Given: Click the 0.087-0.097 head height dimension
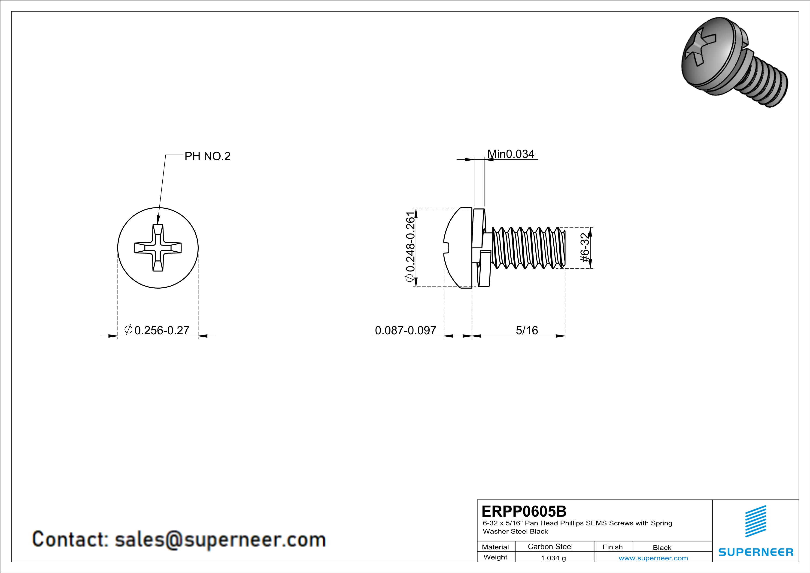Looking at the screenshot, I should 405,330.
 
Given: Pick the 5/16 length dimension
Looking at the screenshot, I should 527,330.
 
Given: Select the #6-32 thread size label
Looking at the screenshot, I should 585,248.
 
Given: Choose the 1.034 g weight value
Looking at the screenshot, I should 553,558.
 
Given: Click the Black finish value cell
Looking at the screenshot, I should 662,548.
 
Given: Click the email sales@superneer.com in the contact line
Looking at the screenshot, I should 220,540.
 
